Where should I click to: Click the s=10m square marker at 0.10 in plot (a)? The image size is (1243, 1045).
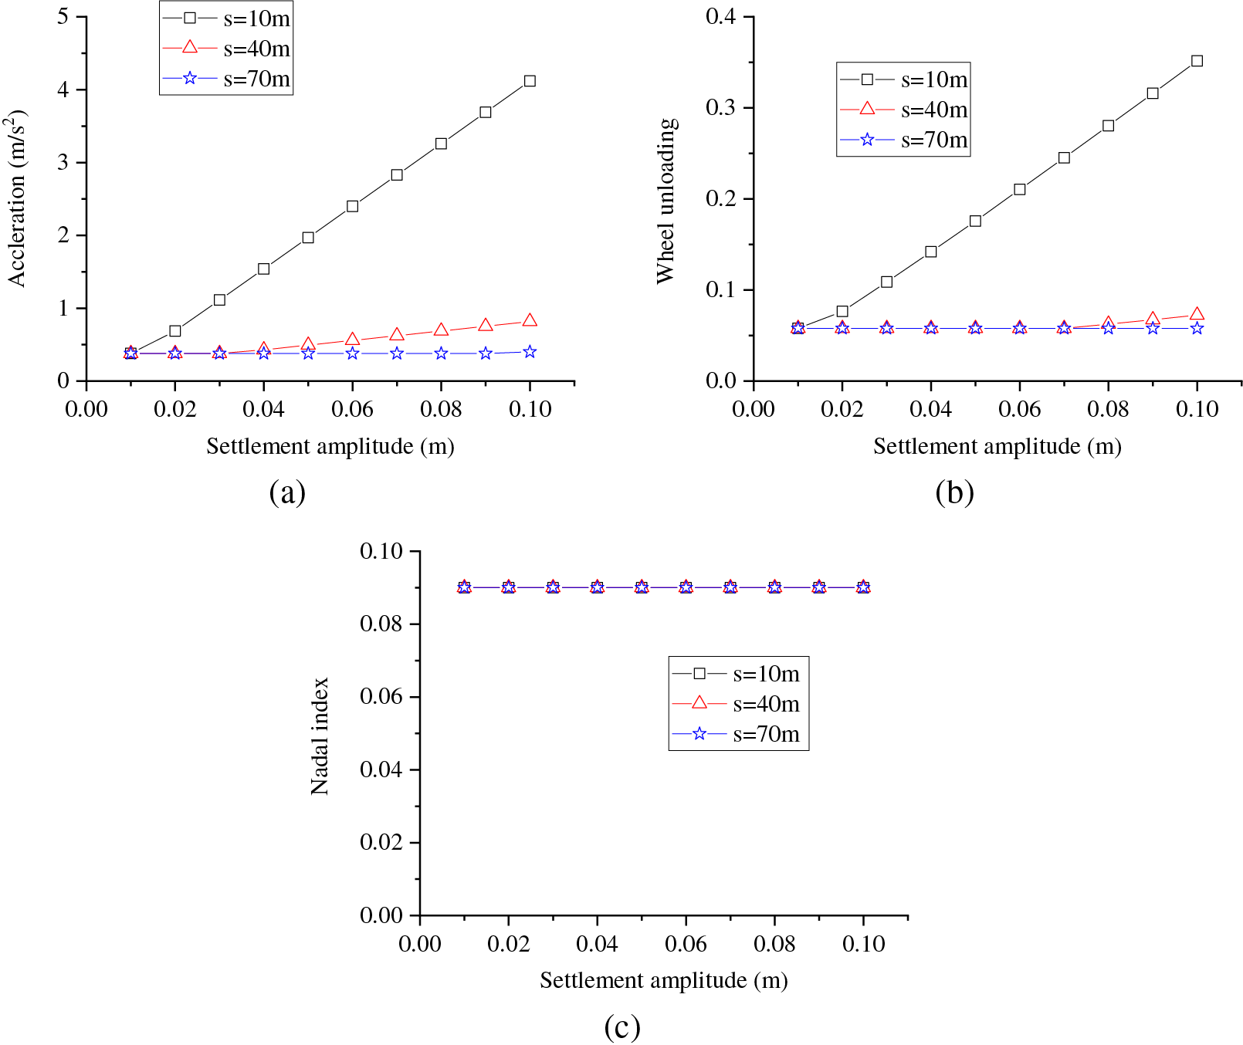(530, 81)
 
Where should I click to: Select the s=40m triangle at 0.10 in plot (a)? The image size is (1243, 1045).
(530, 320)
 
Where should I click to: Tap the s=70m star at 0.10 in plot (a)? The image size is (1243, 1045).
(530, 352)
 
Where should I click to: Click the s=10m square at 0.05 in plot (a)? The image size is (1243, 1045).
(308, 238)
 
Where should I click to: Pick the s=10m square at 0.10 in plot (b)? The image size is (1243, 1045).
(1197, 61)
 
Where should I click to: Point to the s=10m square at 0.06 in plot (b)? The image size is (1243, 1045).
(1019, 189)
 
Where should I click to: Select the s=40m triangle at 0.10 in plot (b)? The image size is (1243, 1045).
(1197, 314)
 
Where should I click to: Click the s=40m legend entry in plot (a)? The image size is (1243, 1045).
(225, 49)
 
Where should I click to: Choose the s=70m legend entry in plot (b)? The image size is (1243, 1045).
(903, 140)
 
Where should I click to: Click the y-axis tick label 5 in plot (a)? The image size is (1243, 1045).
(63, 16)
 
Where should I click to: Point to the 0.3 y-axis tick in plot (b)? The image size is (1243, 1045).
(721, 107)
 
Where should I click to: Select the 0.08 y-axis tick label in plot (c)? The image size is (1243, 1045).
(381, 624)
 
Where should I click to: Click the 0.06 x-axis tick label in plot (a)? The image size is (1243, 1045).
(352, 409)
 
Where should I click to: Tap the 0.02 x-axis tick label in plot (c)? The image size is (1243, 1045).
(508, 943)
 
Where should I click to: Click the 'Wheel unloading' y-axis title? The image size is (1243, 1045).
(666, 201)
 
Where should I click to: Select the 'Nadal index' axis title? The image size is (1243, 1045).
(320, 736)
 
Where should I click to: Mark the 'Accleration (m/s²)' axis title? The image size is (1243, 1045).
(17, 198)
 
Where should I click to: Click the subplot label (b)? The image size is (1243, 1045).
(954, 492)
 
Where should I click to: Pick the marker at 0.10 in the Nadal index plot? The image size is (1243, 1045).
(863, 587)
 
